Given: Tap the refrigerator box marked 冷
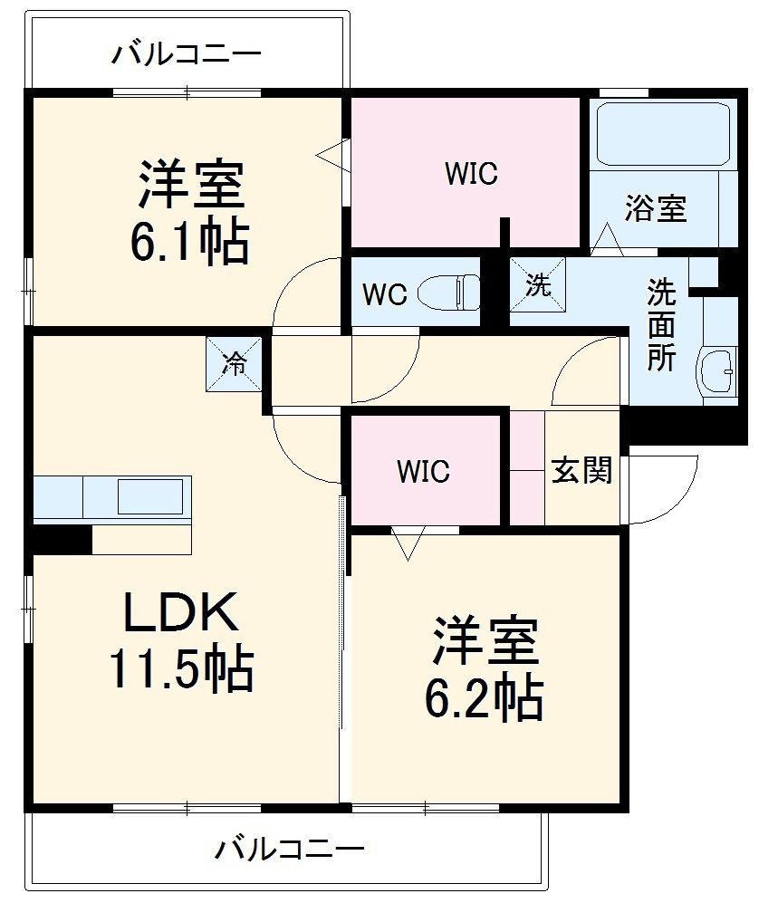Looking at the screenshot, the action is point(234,364).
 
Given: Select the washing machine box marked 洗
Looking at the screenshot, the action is point(538,284).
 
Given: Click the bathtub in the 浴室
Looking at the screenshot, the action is point(663,134).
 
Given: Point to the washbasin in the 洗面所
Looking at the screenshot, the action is point(717,371).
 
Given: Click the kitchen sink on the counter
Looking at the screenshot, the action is point(151,495).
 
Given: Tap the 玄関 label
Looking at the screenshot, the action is point(581,470).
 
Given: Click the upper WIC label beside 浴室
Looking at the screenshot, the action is point(471,173).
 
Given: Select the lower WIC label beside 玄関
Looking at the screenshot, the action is point(423,471).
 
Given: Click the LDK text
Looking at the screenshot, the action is point(181,611).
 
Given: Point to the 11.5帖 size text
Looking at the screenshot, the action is point(181,668).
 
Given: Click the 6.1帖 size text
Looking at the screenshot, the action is point(190,241).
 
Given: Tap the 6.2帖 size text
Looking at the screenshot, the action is point(484,698).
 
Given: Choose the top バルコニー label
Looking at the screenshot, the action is point(186,53).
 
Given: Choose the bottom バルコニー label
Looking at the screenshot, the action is point(290,849).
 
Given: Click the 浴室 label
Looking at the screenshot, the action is point(656,208).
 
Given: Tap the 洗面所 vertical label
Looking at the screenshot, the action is point(661,325).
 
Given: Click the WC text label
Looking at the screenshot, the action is point(385,293).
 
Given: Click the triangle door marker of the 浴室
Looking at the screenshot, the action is point(607,240).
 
